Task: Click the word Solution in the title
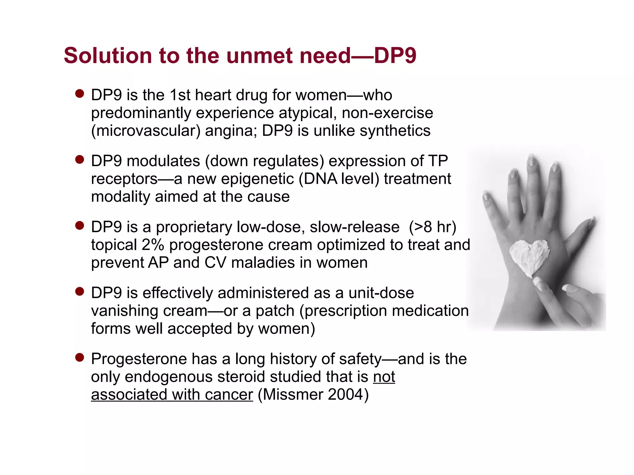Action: tap(108, 56)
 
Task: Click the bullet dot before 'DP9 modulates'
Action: tap(80, 160)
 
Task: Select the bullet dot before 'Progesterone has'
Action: tap(80, 358)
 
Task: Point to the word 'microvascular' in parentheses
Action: tap(146, 131)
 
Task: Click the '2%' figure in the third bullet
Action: tap(153, 245)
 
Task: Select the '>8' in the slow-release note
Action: tap(423, 227)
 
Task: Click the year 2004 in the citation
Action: tap(345, 395)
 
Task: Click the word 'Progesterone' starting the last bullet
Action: tap(139, 359)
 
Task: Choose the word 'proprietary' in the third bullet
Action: tap(194, 227)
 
